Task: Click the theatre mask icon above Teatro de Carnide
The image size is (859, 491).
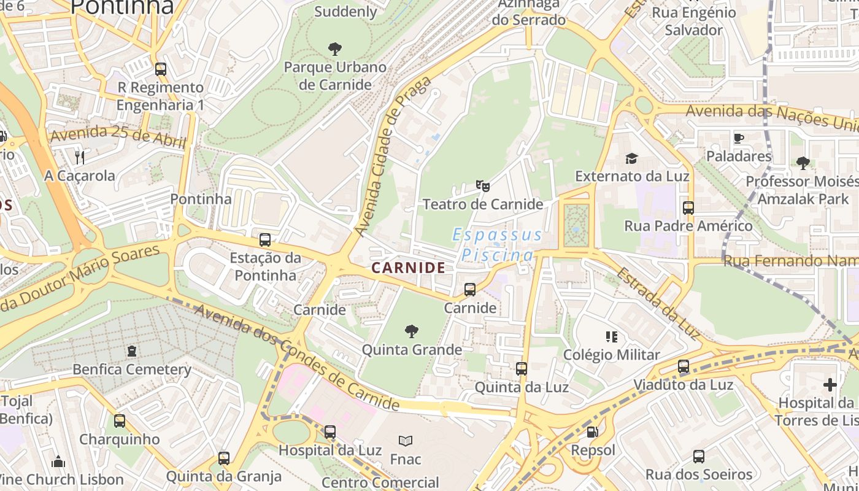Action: [483, 185]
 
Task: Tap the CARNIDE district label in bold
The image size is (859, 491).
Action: [408, 268]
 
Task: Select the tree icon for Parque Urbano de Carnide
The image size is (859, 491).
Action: [335, 48]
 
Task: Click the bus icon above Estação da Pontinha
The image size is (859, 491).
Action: [265, 240]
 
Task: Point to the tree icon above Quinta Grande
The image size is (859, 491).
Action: [412, 332]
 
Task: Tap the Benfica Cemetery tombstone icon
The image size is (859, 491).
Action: [131, 352]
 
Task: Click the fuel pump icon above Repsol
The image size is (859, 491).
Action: [592, 432]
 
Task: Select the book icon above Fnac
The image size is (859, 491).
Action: [405, 441]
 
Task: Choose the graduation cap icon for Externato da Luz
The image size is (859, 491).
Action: [631, 159]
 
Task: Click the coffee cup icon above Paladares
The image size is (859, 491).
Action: [739, 138]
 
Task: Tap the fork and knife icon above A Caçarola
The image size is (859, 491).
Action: [79, 158]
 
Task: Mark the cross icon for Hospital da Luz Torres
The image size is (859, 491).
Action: [830, 385]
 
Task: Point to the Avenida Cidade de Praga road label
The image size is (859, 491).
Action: [393, 156]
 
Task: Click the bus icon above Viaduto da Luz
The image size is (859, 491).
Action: [684, 367]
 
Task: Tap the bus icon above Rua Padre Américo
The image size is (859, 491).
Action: [688, 208]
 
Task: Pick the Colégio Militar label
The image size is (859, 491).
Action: [612, 355]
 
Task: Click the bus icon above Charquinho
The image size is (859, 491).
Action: [120, 421]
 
